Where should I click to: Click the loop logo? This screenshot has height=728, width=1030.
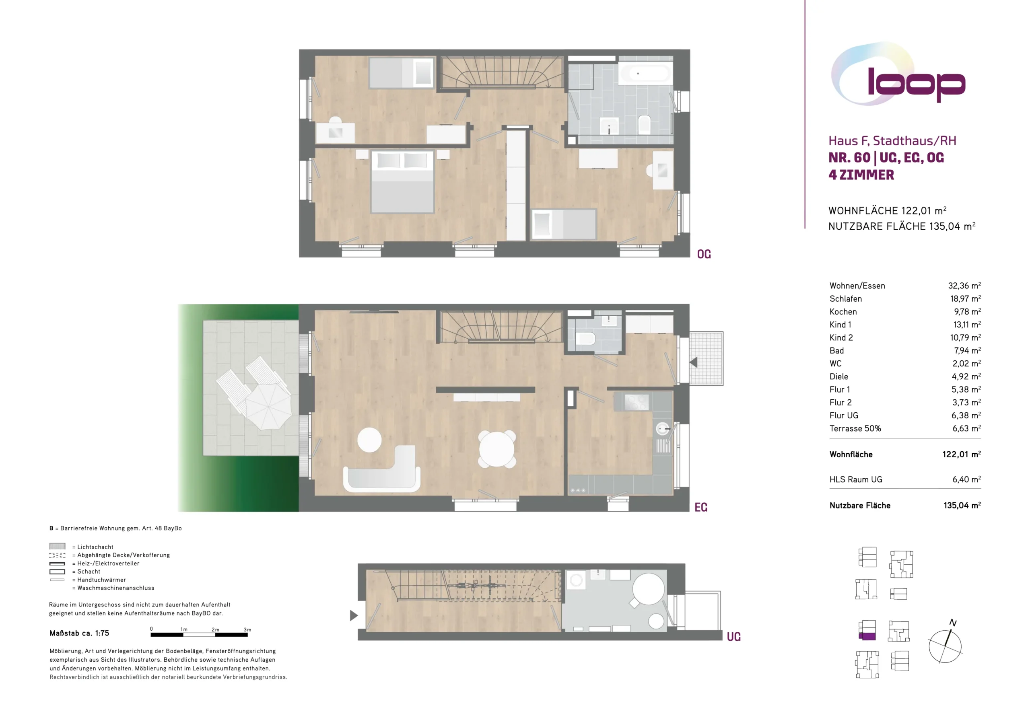tap(897, 74)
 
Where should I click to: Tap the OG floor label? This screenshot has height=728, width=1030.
tap(704, 254)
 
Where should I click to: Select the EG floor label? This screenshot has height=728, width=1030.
tap(701, 507)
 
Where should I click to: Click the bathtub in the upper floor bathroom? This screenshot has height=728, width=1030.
tap(645, 73)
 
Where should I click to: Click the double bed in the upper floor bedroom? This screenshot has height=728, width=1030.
tap(402, 182)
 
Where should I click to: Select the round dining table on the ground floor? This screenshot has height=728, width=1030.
tap(497, 449)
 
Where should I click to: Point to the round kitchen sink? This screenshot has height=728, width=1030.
tap(663, 429)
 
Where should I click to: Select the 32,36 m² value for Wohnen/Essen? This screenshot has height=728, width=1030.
tap(964, 286)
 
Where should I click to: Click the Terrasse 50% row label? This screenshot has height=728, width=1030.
tap(855, 428)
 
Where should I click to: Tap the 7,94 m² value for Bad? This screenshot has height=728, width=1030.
tap(967, 350)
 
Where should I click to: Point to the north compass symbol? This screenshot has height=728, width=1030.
tap(945, 642)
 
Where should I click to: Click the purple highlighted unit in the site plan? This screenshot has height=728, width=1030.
tap(867, 636)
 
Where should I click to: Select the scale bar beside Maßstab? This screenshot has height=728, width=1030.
tap(199, 635)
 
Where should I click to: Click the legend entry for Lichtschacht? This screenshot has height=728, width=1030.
tap(81, 547)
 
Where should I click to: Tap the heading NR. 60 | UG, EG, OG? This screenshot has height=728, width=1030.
tap(886, 158)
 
